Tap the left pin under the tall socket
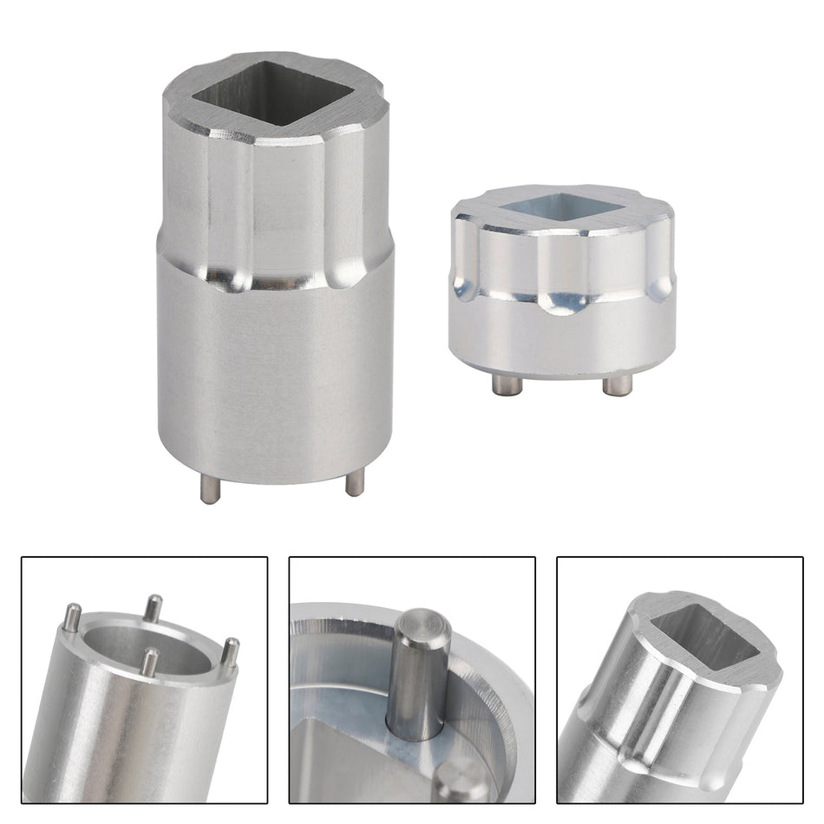tap(209, 489)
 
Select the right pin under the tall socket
tap(354, 484)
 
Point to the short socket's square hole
tap(561, 205)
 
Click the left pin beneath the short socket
tap(506, 384)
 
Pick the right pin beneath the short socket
tap(618, 384)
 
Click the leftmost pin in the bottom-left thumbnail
tap(71, 618)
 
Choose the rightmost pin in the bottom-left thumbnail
tap(230, 652)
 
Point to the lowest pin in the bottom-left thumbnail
tap(150, 662)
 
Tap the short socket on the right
tap(562, 278)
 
